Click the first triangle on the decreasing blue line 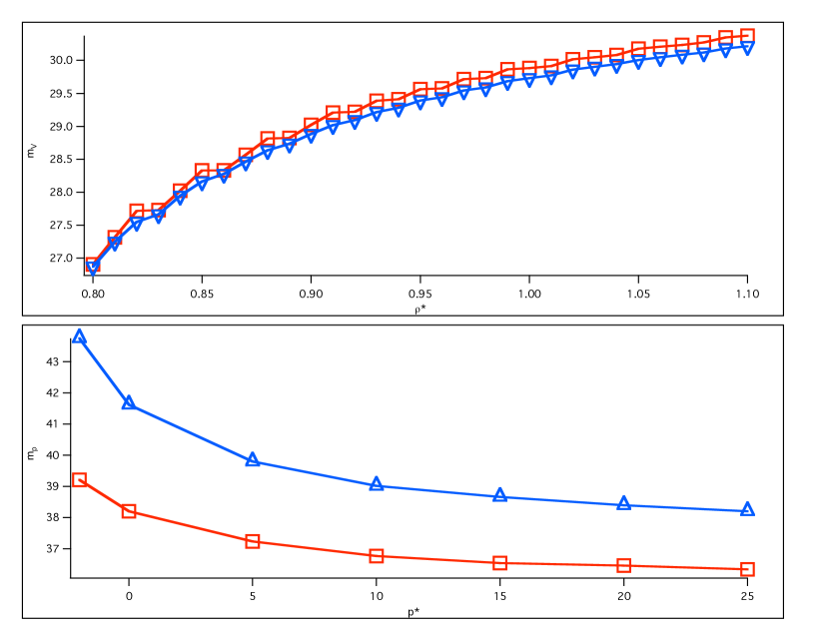(79, 335)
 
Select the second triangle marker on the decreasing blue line (129, 402)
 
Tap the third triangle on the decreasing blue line (253, 459)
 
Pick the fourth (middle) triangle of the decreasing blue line (377, 483)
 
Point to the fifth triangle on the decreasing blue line (499, 495)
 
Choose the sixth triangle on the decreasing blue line (623, 503)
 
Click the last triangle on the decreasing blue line (747, 508)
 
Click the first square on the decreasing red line (79, 479)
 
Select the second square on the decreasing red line (129, 511)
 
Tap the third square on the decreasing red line (253, 541)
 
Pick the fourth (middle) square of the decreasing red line (377, 556)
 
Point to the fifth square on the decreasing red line (499, 563)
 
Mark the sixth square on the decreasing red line (623, 565)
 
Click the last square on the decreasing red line (747, 569)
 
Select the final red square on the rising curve (747, 36)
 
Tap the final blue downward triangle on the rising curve (747, 48)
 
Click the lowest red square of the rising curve (93, 265)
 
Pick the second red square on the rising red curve (115, 238)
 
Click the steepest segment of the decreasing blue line (104, 369)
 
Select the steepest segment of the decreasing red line (104, 495)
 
